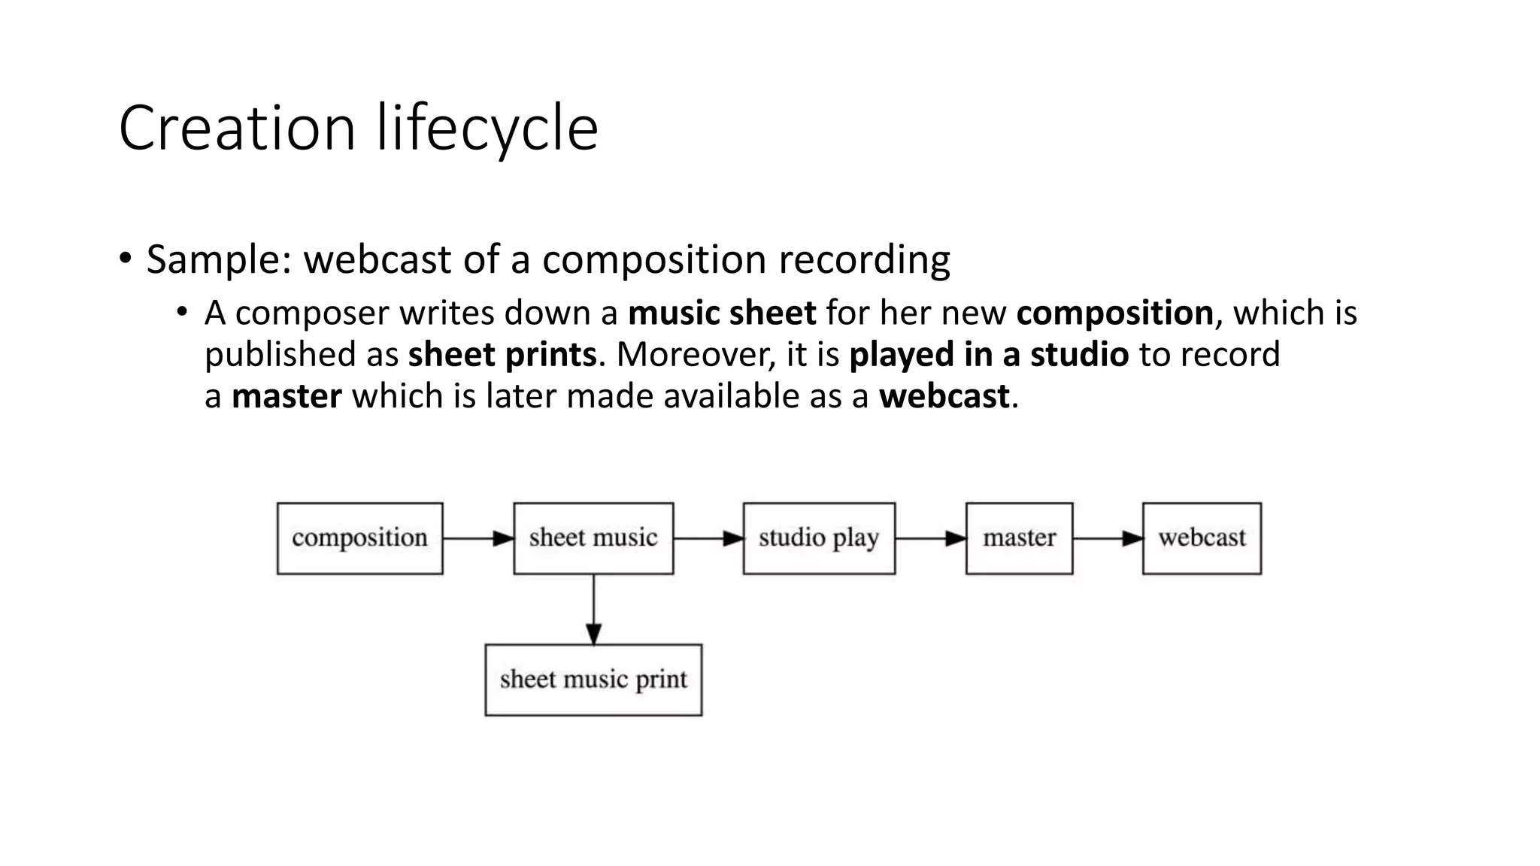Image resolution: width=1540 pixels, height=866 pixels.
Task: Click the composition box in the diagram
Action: tap(359, 538)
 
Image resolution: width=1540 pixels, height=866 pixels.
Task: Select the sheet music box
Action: tap(593, 538)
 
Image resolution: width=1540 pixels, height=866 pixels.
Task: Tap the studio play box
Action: tap(819, 538)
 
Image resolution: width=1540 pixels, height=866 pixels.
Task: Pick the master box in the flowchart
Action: tap(1019, 538)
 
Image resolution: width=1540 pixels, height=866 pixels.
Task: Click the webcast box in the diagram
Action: tap(1202, 538)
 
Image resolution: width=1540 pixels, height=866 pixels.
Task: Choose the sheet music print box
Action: tap(593, 680)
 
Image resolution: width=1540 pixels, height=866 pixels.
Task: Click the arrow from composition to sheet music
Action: tap(478, 538)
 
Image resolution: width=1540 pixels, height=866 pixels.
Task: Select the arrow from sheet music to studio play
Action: tap(708, 538)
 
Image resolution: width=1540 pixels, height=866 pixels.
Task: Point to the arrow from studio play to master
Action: tap(930, 538)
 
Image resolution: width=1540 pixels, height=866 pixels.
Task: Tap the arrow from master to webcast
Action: tap(1108, 538)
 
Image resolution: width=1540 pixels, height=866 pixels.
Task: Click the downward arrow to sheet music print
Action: tap(593, 609)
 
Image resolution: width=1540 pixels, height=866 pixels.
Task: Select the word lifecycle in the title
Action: tap(487, 128)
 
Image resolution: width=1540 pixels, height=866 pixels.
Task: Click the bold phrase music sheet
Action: tap(722, 313)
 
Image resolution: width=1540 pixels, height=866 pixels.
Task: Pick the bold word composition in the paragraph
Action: tap(1114, 313)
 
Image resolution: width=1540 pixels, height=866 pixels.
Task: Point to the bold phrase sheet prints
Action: tap(502, 354)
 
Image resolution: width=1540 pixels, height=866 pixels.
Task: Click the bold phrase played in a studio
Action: tap(989, 354)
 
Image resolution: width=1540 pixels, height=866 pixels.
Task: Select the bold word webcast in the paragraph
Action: tap(944, 396)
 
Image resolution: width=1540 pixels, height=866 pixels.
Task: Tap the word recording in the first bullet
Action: tap(864, 260)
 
